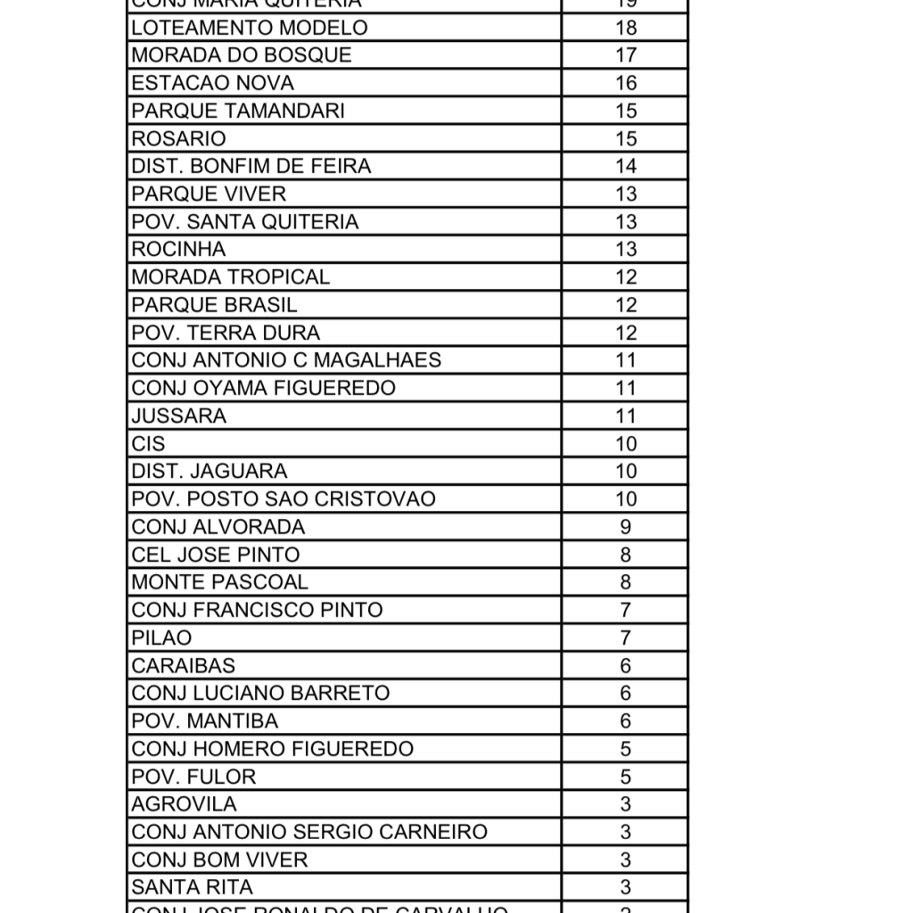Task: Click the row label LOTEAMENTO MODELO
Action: pyautogui.click(x=249, y=28)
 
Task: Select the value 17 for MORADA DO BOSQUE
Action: pyautogui.click(x=626, y=55)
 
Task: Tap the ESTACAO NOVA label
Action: pyautogui.click(x=212, y=83)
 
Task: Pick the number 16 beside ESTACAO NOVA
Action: pyautogui.click(x=626, y=83)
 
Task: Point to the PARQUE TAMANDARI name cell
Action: pyautogui.click(x=238, y=111)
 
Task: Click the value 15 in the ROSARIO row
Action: pyautogui.click(x=626, y=138)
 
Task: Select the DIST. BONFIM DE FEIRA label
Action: pyautogui.click(x=251, y=166)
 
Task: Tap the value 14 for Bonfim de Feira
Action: pyautogui.click(x=626, y=166)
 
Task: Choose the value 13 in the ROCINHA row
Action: pyautogui.click(x=626, y=249)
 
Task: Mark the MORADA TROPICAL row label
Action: pyautogui.click(x=230, y=276)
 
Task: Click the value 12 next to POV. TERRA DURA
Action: pyautogui.click(x=626, y=333)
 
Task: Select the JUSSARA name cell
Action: pyautogui.click(x=178, y=415)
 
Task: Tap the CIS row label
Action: pyautogui.click(x=148, y=443)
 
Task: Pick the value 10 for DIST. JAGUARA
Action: pyautogui.click(x=626, y=471)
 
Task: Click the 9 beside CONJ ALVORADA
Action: pyautogui.click(x=626, y=527)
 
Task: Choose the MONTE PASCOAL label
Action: pyautogui.click(x=219, y=582)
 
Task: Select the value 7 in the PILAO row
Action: pyautogui.click(x=626, y=637)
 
